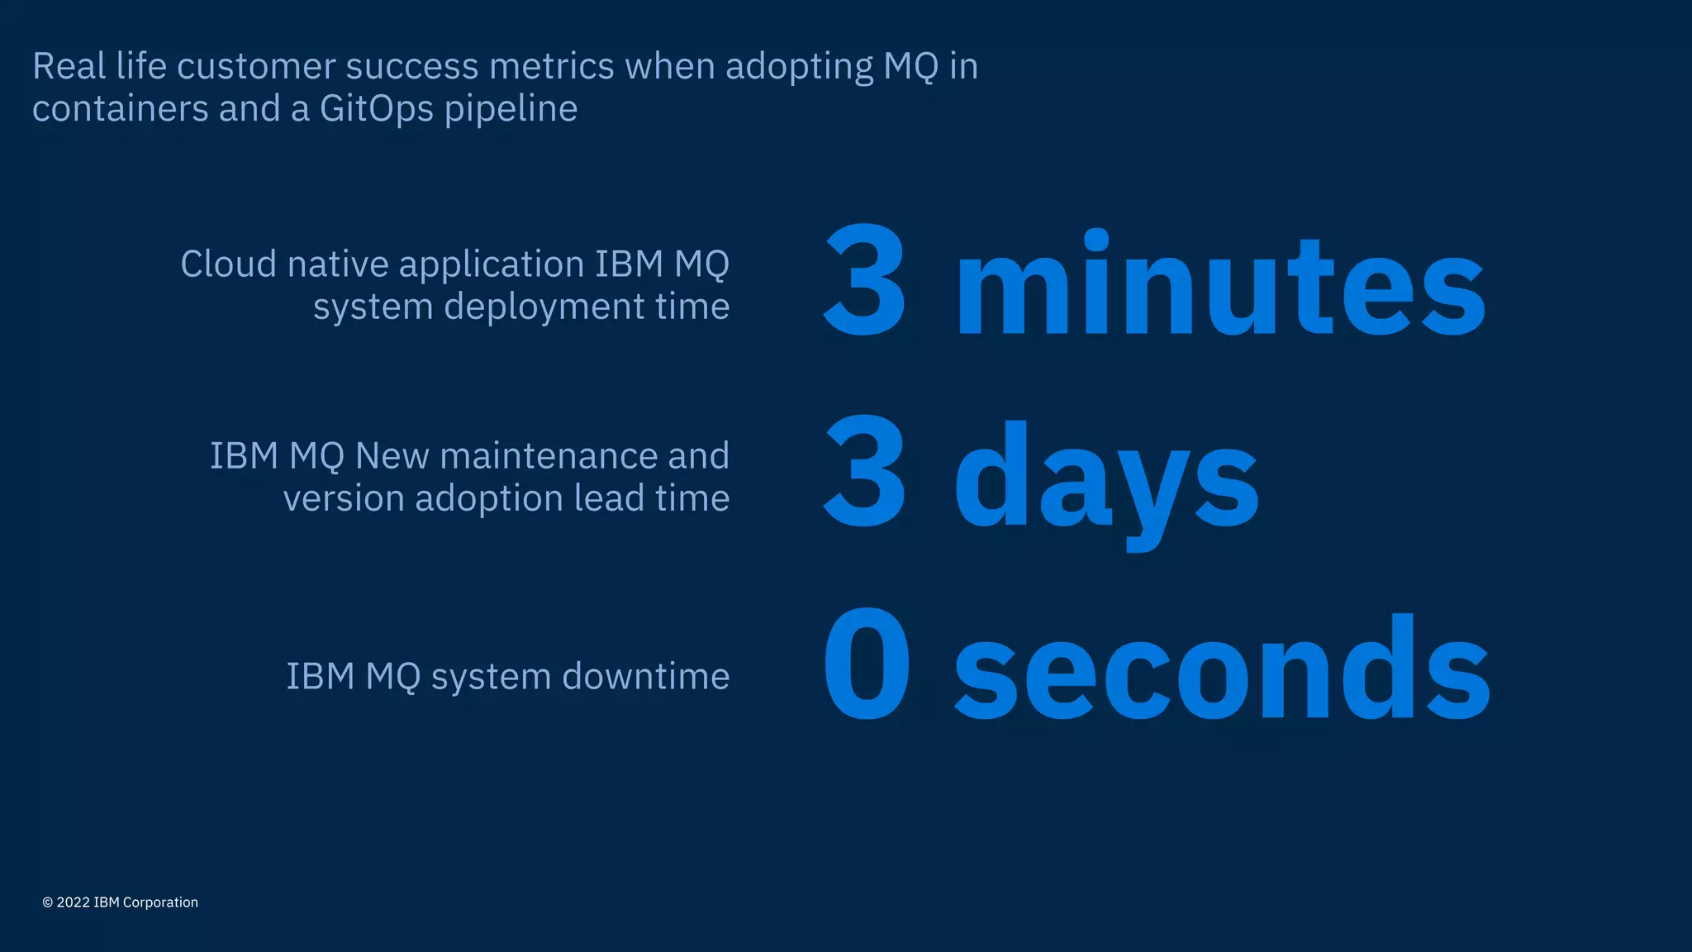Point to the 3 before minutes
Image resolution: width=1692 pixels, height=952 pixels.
tap(865, 281)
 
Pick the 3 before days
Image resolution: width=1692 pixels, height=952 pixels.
tap(865, 473)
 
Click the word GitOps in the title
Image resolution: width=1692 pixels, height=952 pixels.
tap(376, 109)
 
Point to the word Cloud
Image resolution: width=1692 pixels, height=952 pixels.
tap(228, 264)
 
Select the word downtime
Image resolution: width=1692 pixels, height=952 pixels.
tap(646, 677)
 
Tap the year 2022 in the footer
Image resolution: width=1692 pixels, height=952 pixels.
tap(73, 902)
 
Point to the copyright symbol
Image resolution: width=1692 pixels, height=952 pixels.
tap(48, 902)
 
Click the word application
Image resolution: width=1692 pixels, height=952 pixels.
tap(492, 265)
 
